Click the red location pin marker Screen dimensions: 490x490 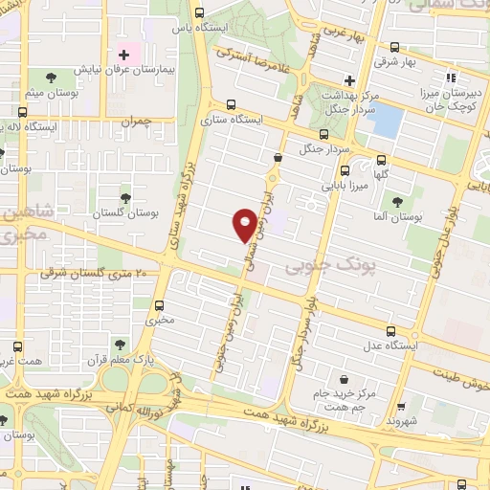pos(246,224)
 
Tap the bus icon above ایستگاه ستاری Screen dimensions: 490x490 pos(231,105)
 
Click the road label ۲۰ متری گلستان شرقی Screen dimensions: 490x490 pos(96,274)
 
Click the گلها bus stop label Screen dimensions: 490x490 pos(381,175)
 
